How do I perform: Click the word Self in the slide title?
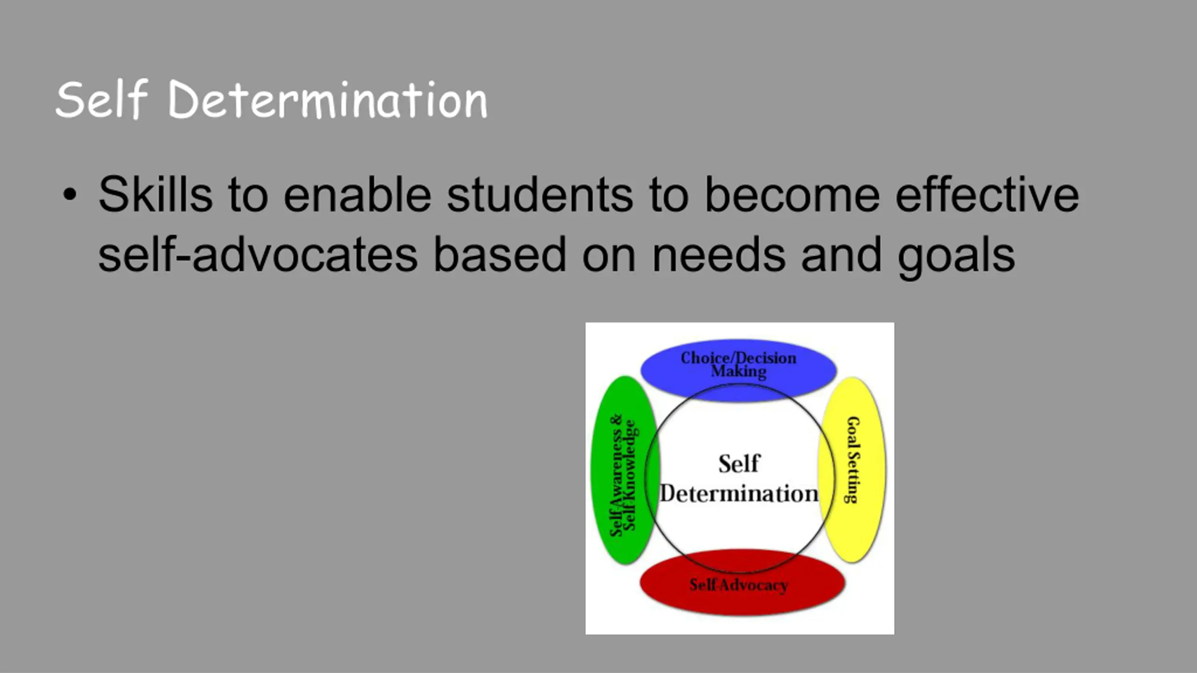tap(102, 99)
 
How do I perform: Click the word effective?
tap(987, 194)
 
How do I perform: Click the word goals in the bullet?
tap(956, 257)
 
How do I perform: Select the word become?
tap(792, 194)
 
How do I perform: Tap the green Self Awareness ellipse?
tap(625, 470)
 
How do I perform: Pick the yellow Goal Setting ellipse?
tap(852, 470)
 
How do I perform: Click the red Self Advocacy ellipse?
tap(742, 583)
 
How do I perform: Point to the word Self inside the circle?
tap(739, 464)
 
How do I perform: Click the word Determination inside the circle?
tap(739, 494)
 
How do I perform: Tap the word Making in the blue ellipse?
tap(739, 372)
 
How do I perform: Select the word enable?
tap(357, 194)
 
